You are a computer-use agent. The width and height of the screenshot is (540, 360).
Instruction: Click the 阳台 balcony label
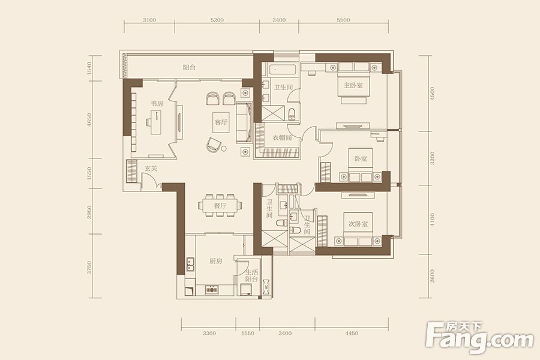coord(189,68)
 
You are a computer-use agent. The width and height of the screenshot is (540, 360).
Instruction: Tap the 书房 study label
coord(157,103)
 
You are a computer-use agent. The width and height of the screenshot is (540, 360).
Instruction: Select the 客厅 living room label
coord(221,122)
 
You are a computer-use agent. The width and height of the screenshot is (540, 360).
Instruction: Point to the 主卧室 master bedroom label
coord(353,85)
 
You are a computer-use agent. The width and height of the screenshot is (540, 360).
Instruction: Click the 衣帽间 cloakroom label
coord(282,138)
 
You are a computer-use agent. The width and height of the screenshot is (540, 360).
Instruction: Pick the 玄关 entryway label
coord(151,169)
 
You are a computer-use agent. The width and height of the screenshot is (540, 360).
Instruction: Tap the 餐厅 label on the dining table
coord(220,206)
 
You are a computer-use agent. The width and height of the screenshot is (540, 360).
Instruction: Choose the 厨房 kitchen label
coord(215,261)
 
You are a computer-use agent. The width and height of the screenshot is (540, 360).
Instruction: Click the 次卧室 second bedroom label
coord(358,224)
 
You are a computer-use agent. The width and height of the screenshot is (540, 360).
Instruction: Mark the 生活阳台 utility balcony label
coord(252,275)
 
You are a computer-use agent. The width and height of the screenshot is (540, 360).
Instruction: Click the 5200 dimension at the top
coord(217,20)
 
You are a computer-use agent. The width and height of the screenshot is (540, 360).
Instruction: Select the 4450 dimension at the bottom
coord(351,333)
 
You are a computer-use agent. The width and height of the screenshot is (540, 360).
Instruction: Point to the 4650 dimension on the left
coord(89,120)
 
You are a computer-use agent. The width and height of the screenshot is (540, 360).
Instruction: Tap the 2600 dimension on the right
coord(433,276)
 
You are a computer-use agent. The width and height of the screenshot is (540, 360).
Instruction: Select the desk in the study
coord(157,122)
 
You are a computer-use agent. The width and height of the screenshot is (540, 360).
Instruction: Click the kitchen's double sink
coord(190,263)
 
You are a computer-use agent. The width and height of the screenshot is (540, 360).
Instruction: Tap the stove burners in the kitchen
coord(212,290)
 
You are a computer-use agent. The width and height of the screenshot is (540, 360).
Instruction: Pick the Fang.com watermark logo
coord(479,337)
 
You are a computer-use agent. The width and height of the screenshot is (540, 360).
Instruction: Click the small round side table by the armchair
coord(224,149)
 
